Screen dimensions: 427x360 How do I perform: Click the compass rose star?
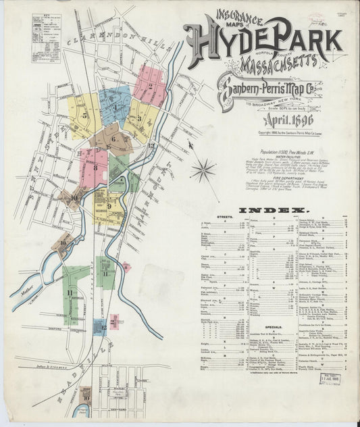coord(203,170)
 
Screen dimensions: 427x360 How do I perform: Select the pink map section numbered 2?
coord(149,84)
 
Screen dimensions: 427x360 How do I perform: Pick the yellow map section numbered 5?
coord(84,115)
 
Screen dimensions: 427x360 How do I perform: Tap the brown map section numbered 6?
coord(112,140)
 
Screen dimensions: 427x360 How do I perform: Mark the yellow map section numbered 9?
coord(108,206)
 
